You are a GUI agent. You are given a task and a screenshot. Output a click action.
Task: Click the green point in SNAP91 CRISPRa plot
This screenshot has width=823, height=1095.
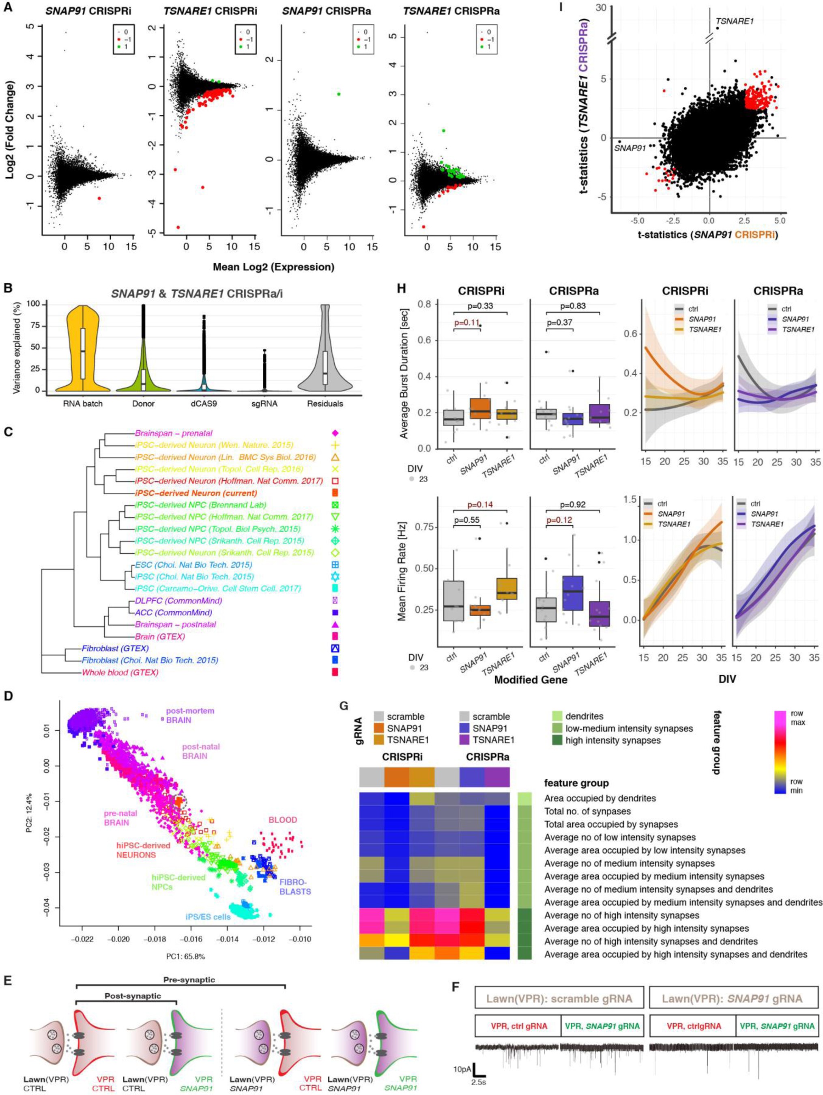tap(339, 94)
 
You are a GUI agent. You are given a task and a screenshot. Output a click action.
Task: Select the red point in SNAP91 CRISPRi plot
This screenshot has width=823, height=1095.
tap(99, 198)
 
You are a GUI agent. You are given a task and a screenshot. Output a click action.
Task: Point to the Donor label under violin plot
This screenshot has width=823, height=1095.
tap(143, 404)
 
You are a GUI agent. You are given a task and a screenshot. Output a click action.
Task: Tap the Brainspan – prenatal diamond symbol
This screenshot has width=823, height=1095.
tap(335, 433)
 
